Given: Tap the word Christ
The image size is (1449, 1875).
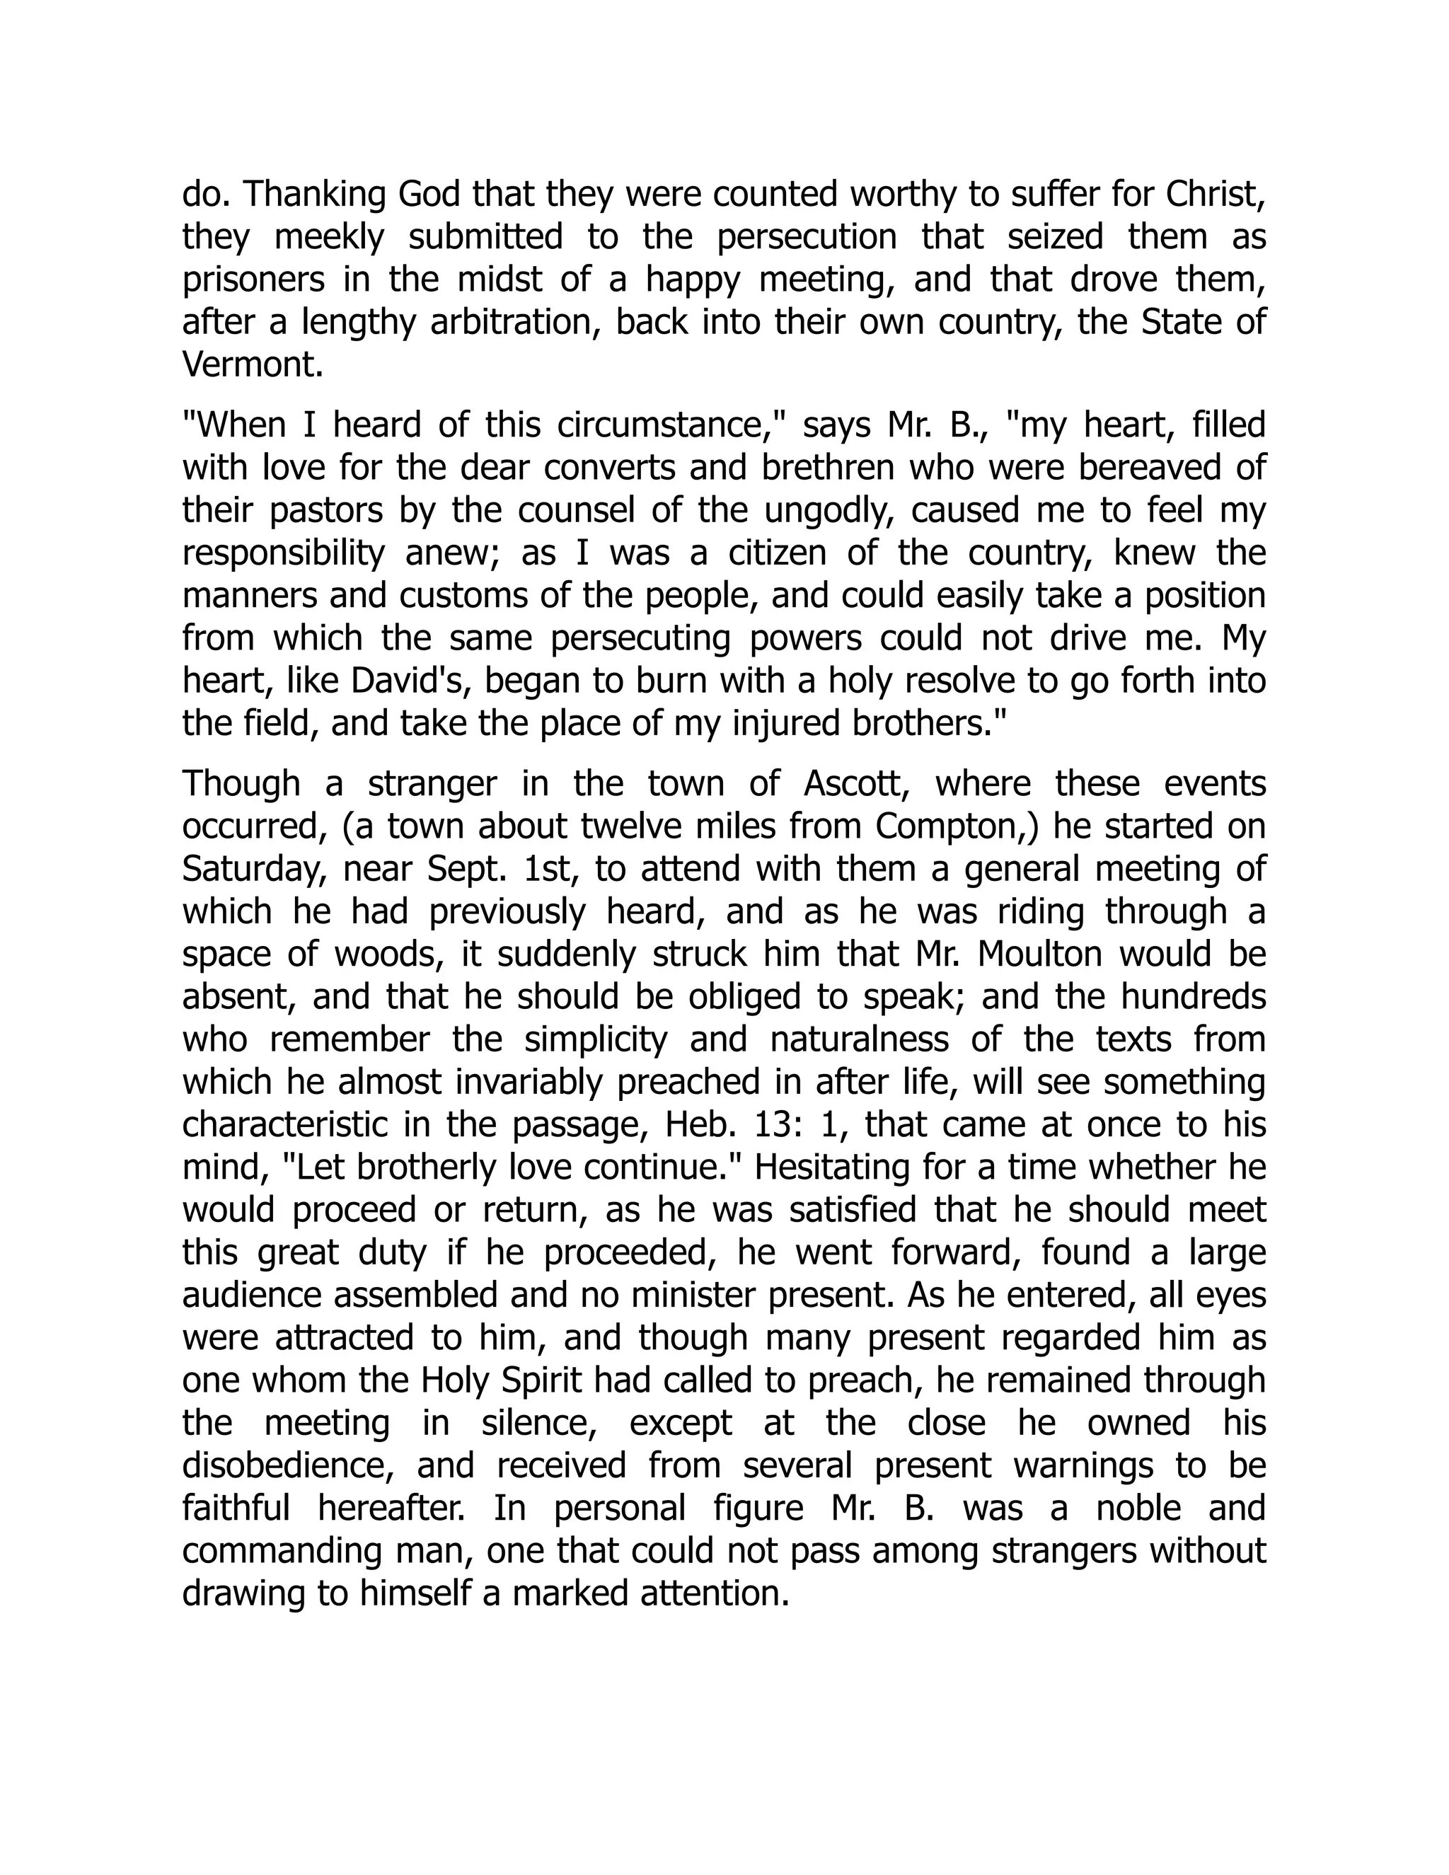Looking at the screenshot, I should point(1215,196).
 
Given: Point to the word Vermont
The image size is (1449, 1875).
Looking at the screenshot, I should point(253,366).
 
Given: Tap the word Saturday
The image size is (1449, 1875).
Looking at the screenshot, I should point(253,869).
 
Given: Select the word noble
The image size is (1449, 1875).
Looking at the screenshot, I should point(1141,1508).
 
